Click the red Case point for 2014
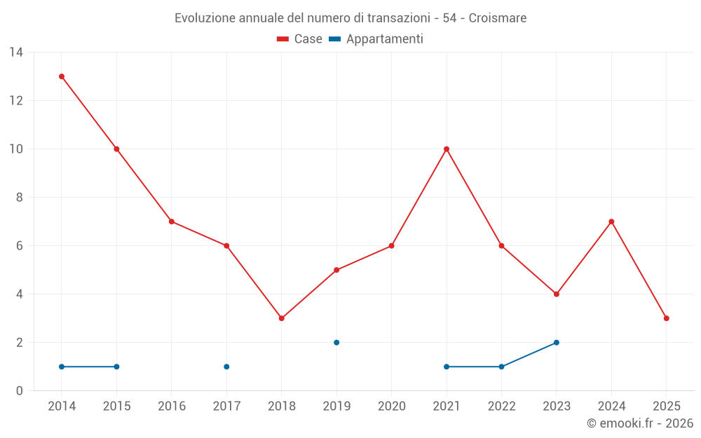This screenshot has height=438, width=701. tap(62, 76)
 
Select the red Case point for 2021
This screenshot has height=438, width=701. tap(447, 149)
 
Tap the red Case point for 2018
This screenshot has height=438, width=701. tap(282, 318)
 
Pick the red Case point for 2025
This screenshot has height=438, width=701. tap(667, 318)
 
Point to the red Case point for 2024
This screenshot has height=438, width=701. tap(611, 221)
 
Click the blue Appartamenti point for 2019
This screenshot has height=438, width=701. tap(336, 343)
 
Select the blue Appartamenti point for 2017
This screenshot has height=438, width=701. tap(226, 367)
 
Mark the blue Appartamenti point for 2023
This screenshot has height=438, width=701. tap(557, 343)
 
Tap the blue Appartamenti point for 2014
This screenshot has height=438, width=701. tap(62, 367)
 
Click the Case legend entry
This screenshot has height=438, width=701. tap(300, 39)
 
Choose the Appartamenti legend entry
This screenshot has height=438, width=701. tap(376, 39)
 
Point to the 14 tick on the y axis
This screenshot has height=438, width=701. tap(16, 53)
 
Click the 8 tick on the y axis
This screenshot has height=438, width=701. tap(19, 198)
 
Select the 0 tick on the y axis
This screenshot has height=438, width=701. tap(19, 391)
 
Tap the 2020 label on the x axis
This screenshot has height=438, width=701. tap(392, 406)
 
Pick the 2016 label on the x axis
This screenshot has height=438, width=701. tap(172, 406)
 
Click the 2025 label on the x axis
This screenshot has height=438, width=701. tap(667, 406)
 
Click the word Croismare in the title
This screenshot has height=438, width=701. tap(498, 18)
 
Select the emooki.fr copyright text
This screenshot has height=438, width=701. tap(640, 423)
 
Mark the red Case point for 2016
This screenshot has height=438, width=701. tap(172, 221)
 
